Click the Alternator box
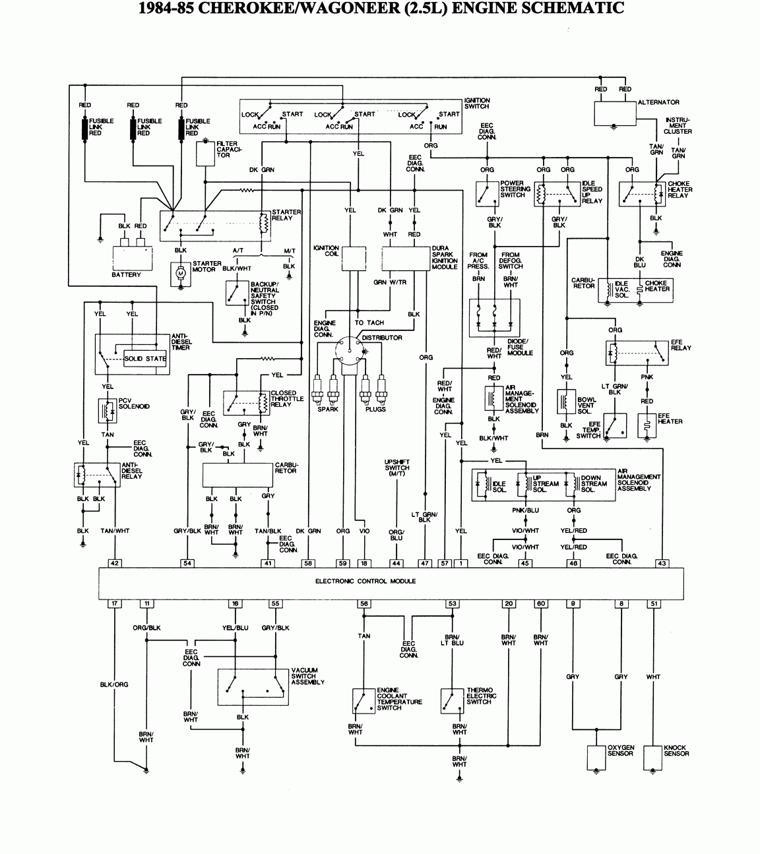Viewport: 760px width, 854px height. click(x=614, y=113)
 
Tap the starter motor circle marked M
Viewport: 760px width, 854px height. click(x=179, y=272)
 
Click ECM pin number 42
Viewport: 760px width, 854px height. click(x=115, y=563)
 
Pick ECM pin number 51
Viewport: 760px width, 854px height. click(x=654, y=603)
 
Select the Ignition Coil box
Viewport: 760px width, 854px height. click(x=353, y=259)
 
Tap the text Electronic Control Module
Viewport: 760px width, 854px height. click(x=365, y=581)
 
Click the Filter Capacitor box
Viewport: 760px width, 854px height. click(x=205, y=154)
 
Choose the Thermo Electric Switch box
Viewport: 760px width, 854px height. click(x=452, y=701)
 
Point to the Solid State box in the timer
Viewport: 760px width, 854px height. click(x=145, y=359)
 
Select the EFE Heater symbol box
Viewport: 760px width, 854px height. click(x=647, y=425)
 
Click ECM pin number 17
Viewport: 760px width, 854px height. click(x=115, y=603)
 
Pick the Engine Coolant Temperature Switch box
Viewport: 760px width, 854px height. click(x=364, y=701)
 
